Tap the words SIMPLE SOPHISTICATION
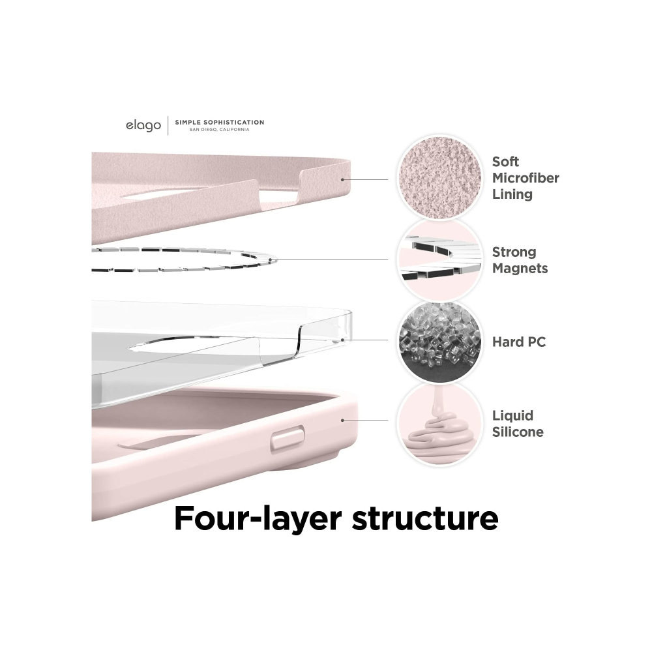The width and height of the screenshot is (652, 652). point(219,122)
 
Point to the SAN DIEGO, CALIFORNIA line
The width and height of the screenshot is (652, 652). point(219,129)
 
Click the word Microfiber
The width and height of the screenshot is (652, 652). point(526,178)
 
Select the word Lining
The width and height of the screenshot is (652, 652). point(512,194)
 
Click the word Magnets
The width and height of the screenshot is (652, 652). point(520,268)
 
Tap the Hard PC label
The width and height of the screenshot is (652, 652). point(519,342)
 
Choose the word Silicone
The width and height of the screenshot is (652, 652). point(518,432)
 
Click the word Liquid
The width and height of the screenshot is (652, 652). point(512,416)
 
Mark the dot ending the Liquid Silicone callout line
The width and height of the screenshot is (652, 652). point(342,421)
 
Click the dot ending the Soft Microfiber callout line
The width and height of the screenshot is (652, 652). point(342,178)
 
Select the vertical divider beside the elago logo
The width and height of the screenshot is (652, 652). point(168,125)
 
